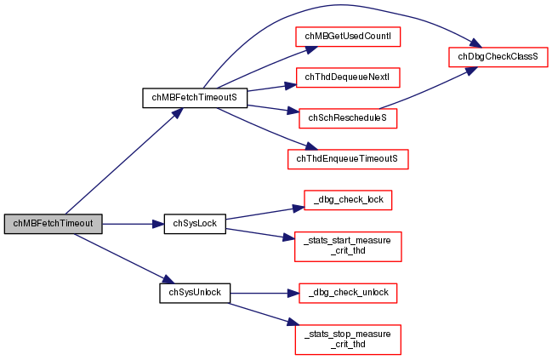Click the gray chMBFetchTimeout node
coord(53,224)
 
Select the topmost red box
coord(348,37)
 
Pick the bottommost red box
coord(347,340)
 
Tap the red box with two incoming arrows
coord(498,57)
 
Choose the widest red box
coord(348,159)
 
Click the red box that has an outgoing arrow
coord(348,118)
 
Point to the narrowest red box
coord(348,200)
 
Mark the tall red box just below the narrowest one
coord(348,246)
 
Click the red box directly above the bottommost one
coord(348,293)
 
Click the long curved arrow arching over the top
coord(340,6)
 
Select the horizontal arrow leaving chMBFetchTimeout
coord(128,224)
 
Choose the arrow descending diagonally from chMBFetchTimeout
coord(119,256)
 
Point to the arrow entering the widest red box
coord(264,129)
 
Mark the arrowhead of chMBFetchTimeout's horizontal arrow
coord(158,224)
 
